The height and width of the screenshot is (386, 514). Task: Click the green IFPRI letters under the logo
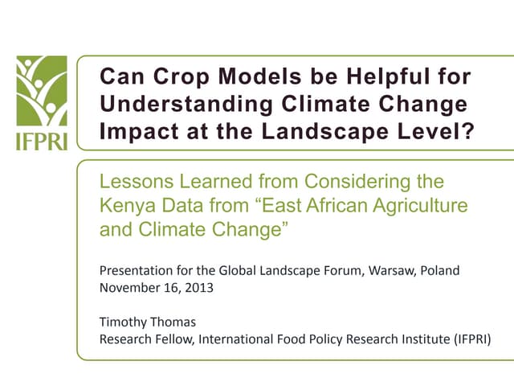point(41,141)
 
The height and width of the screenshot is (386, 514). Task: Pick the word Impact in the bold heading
point(133,131)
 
